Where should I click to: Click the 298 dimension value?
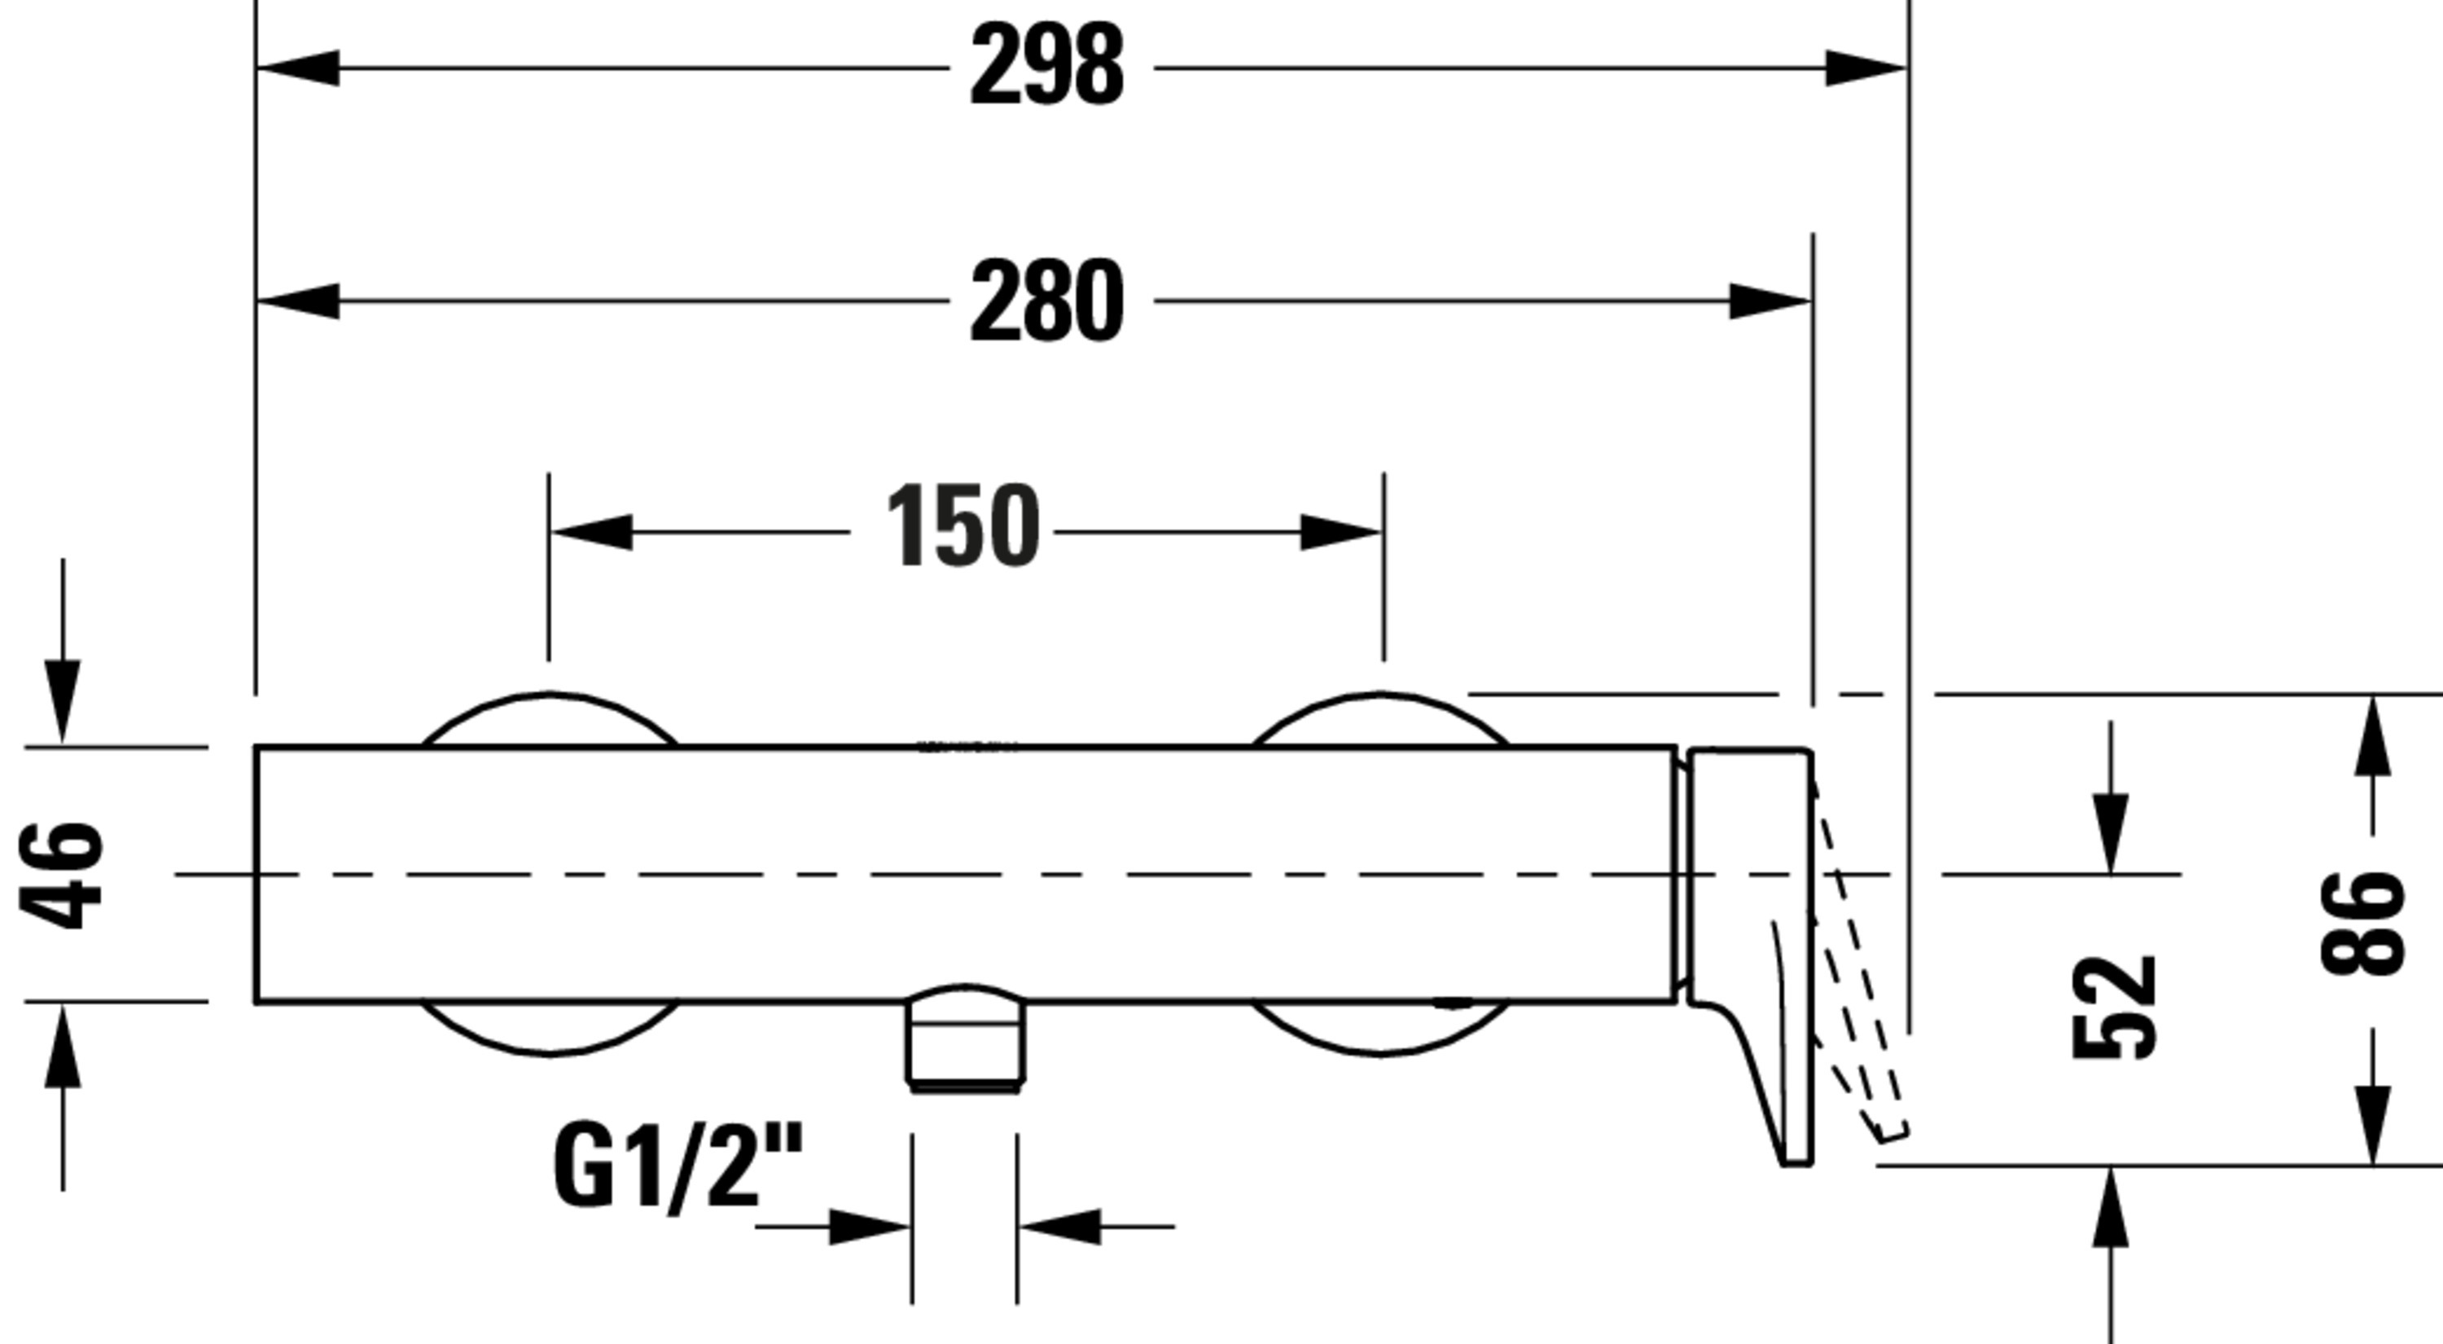click(1047, 65)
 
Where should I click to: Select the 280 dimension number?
click(1047, 301)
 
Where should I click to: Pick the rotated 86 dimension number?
click(2362, 923)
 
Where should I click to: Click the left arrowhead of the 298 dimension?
click(298, 68)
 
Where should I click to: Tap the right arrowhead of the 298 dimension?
click(1866, 68)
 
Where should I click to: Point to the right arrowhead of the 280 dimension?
click(1770, 301)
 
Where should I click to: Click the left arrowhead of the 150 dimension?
click(592, 532)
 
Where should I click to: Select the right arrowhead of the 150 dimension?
click(1340, 532)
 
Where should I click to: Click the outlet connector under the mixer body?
click(966, 1039)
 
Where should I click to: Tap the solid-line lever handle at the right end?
click(1751, 956)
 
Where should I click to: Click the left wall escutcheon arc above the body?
click(549, 720)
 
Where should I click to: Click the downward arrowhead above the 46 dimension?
click(63, 700)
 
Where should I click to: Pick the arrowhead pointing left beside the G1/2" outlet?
click(1059, 1227)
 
